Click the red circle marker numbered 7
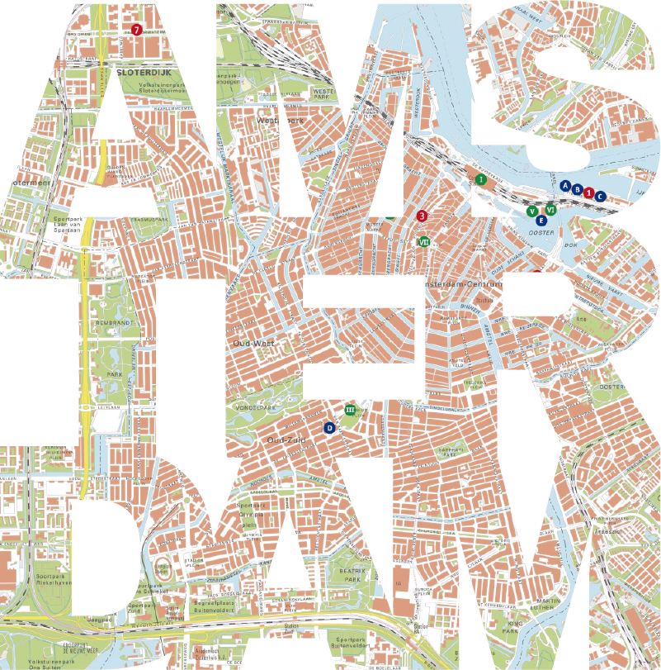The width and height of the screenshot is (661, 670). pos(136,30)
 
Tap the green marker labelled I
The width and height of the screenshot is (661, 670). pos(480,178)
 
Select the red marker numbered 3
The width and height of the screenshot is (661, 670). pos(422,216)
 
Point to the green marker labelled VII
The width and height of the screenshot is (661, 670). pos(424,242)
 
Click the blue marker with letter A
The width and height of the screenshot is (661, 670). pos(565,187)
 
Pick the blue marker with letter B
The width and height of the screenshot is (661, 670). pos(578,190)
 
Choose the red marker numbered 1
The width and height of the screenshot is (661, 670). pos(589,192)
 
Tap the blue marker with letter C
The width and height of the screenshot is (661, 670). pos(601,196)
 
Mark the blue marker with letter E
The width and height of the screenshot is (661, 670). pos(541,221)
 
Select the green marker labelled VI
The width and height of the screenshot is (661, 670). pos(550,210)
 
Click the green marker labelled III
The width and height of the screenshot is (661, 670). pos(350,410)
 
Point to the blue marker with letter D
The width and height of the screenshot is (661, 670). pos(329,427)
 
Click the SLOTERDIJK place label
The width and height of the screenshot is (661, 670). pos(137,73)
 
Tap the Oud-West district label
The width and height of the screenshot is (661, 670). pos(253,343)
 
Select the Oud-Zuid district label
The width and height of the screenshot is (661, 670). pos(286,440)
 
